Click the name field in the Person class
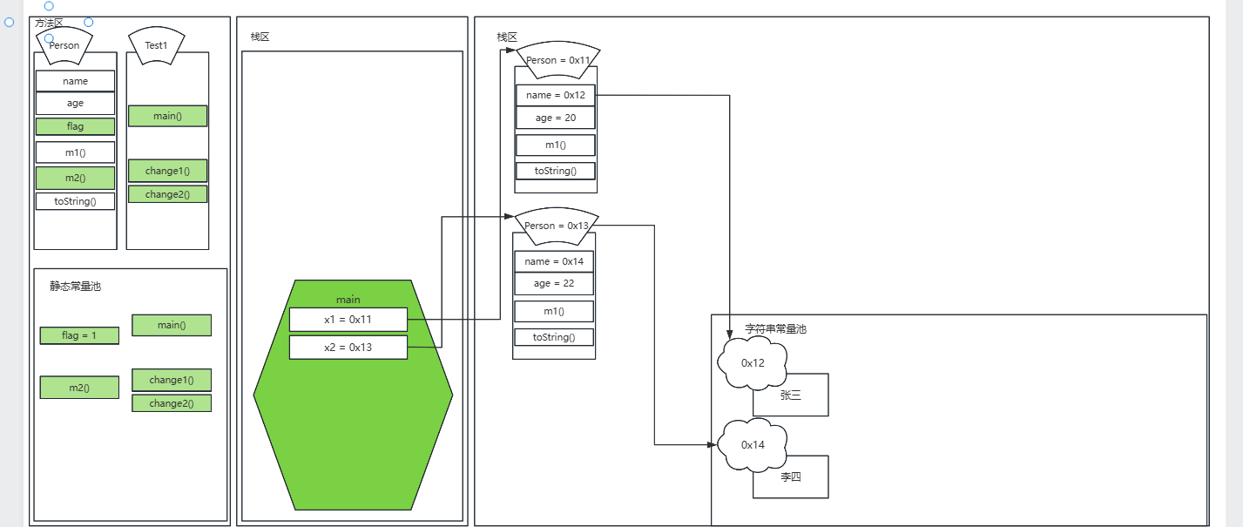pyautogui.click(x=75, y=81)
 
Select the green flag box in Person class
pyautogui.click(x=75, y=126)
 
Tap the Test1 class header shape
pyautogui.click(x=156, y=45)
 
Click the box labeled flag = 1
pyautogui.click(x=79, y=335)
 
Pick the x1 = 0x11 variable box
pyautogui.click(x=348, y=320)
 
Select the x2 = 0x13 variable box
pyautogui.click(x=348, y=348)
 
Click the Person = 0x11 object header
pyautogui.click(x=558, y=60)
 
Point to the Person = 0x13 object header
pyautogui.click(x=557, y=226)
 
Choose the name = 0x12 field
pyautogui.click(x=556, y=95)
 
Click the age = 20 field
pyautogui.click(x=556, y=118)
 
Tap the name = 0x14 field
pyautogui.click(x=554, y=261)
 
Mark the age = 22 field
pyautogui.click(x=554, y=283)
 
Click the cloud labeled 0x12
pyautogui.click(x=753, y=363)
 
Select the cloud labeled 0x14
pyautogui.click(x=753, y=445)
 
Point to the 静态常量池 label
pyautogui.click(x=75, y=286)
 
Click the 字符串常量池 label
pyautogui.click(x=775, y=329)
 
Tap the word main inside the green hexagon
pyautogui.click(x=348, y=300)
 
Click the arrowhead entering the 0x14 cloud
pyautogui.click(x=713, y=445)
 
